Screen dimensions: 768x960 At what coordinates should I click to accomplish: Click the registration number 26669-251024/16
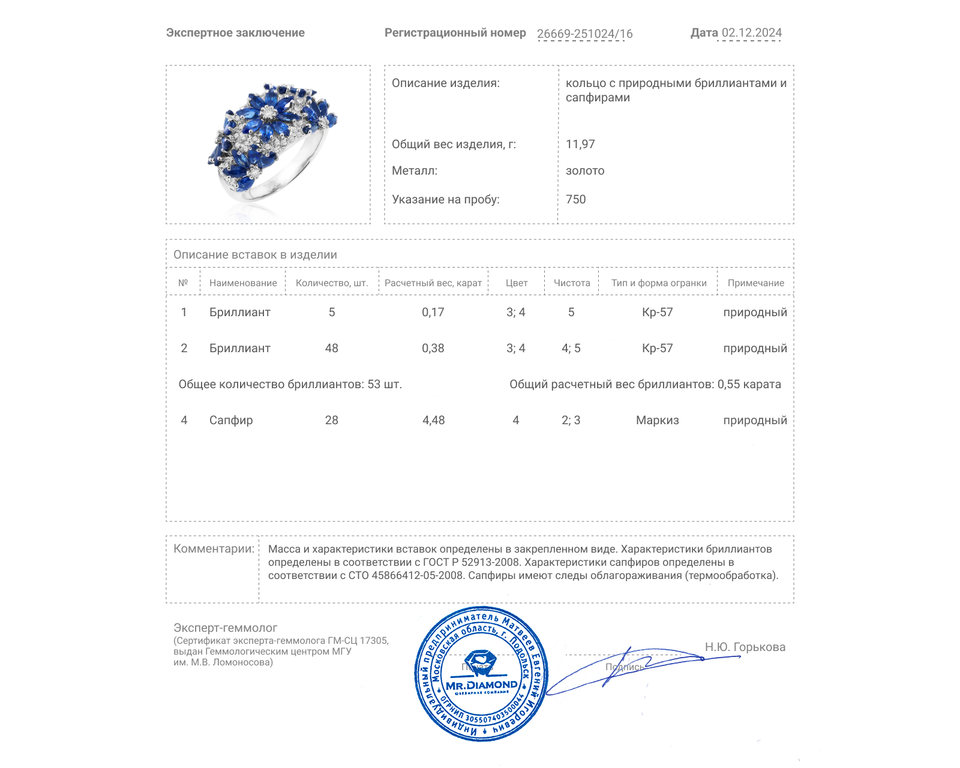pos(584,34)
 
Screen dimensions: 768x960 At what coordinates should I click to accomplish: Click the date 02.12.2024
pos(751,33)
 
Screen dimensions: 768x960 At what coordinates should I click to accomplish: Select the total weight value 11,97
pos(580,144)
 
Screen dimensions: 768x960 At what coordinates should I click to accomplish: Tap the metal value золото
pos(585,170)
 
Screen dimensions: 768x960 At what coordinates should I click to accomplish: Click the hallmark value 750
pos(575,199)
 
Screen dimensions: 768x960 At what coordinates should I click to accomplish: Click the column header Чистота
pos(571,283)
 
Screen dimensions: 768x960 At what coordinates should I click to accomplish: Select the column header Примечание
pos(755,283)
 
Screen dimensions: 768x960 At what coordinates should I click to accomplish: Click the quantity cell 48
pos(331,348)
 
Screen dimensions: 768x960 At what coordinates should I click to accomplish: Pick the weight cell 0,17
pos(433,312)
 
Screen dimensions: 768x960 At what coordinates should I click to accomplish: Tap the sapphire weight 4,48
pos(433,420)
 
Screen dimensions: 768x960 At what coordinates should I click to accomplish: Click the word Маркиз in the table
pos(657,420)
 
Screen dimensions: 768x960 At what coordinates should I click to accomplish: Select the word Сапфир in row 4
pos(231,420)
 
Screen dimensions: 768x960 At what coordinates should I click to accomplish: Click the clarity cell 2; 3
pos(571,420)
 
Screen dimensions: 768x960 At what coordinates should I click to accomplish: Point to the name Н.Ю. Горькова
pos(745,647)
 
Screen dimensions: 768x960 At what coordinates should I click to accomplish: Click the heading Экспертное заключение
pos(235,33)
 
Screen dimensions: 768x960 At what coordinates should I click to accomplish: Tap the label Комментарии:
pos(214,548)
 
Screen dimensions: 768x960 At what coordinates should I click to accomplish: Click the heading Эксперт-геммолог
pos(225,628)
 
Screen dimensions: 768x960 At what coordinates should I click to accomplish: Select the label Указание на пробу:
pos(445,199)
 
